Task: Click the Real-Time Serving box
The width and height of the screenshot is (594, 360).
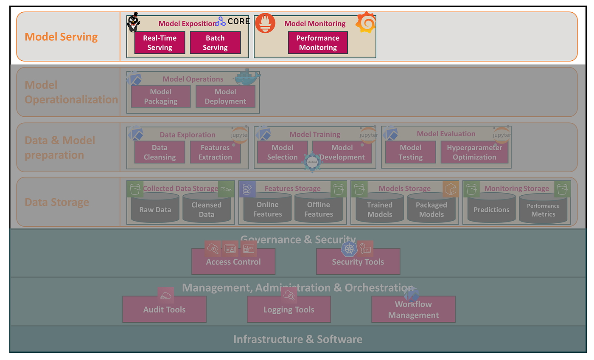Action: coord(160,43)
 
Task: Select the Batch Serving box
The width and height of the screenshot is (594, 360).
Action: coord(215,43)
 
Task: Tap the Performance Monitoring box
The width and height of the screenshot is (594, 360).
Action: coord(318,43)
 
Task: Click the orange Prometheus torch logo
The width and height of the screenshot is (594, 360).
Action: coord(265,23)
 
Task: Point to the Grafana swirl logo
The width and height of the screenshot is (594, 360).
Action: coord(365,22)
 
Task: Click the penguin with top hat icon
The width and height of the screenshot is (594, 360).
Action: coord(133,22)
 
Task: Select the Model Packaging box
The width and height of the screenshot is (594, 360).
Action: coord(161,96)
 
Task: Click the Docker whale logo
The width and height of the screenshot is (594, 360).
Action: coord(247,77)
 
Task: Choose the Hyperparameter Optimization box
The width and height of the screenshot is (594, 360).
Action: coord(474,152)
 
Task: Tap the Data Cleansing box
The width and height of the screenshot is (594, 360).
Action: coord(160,152)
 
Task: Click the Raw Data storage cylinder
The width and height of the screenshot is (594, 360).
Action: coord(155,209)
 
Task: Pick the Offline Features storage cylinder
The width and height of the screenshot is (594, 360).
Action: coord(319,209)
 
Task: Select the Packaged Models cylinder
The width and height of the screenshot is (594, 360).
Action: coord(431,209)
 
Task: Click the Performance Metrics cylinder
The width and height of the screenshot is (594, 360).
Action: coord(543,210)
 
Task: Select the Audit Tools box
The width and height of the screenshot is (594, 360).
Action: coord(164,309)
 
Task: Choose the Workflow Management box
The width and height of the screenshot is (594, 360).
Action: coord(413,309)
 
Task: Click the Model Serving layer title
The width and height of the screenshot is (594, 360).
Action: coord(61,37)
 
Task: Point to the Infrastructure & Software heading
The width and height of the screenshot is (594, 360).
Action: coord(298,339)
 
